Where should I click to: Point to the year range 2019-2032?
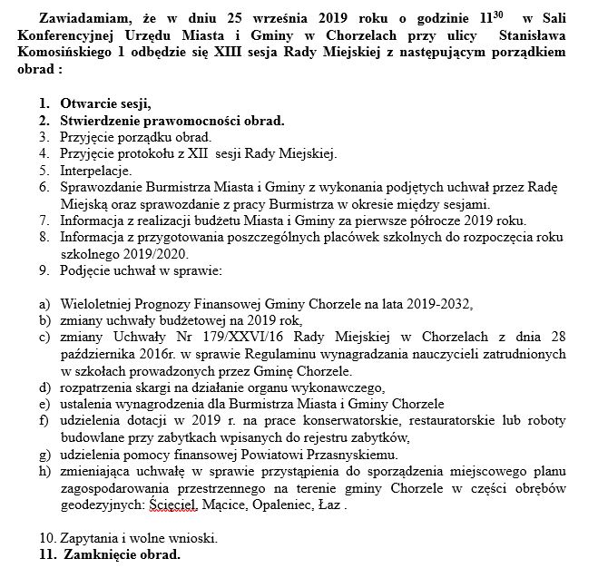[x=435, y=303]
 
